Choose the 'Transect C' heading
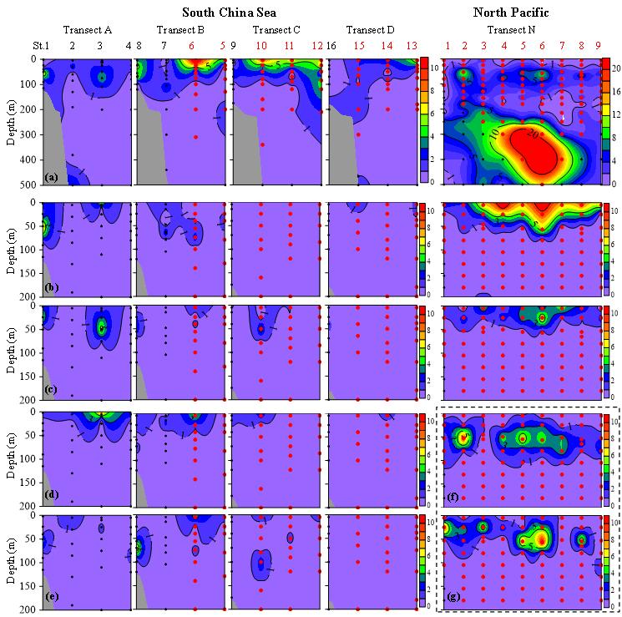coord(276,29)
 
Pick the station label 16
coord(331,45)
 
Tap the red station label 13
coord(411,45)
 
